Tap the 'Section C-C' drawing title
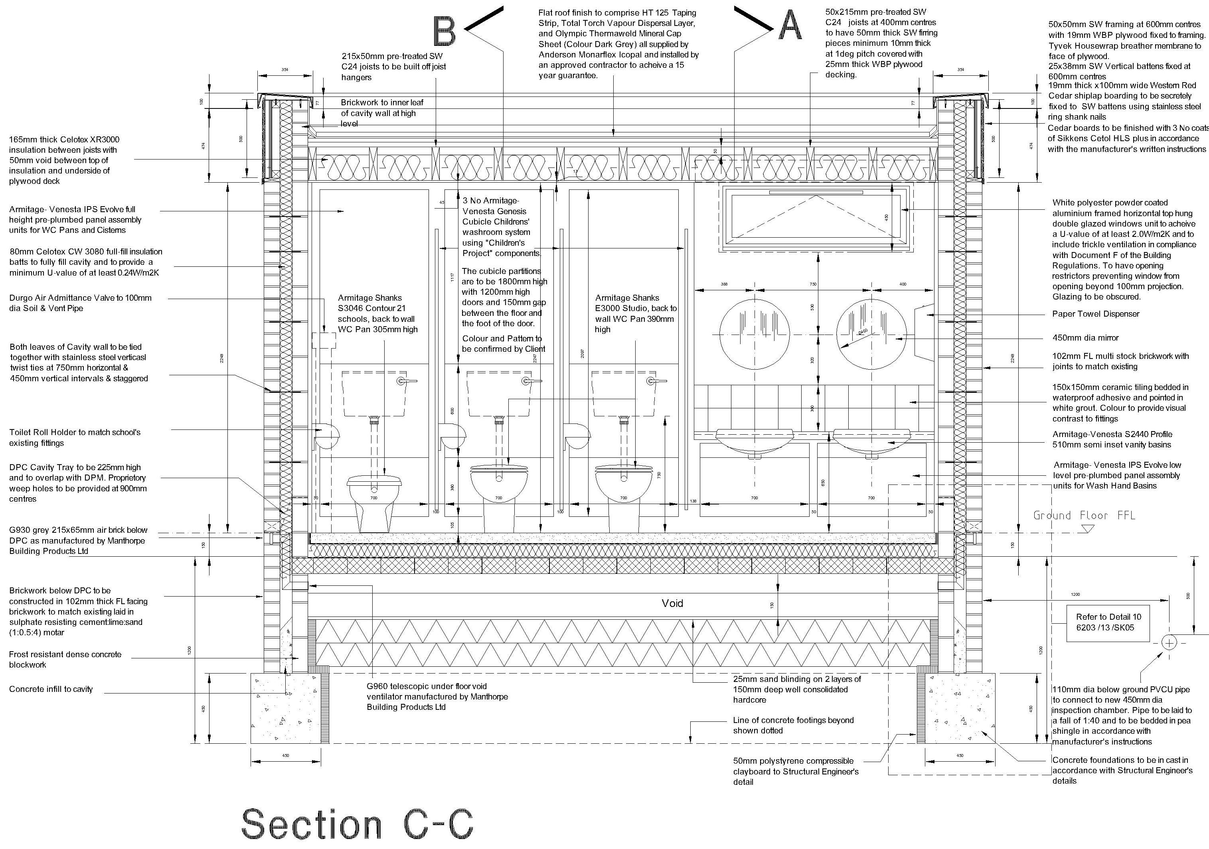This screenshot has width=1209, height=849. click(357, 824)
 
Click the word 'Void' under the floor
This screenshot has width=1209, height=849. click(672, 603)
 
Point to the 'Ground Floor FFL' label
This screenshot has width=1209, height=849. click(1084, 515)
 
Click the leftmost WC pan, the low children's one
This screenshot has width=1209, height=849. click(374, 500)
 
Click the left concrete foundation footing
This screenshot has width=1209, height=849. click(285, 708)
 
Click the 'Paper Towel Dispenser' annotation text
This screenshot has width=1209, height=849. click(1095, 314)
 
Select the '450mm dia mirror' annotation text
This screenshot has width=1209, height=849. click(1085, 338)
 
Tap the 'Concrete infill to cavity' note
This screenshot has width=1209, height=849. click(51, 689)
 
